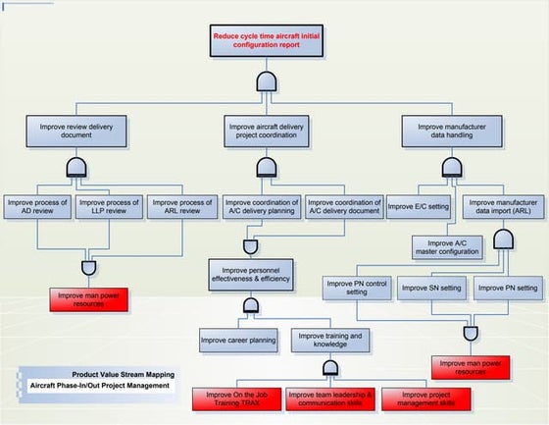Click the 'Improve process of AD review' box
(x=37, y=206)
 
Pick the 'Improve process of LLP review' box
(x=109, y=206)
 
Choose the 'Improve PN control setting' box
(x=358, y=288)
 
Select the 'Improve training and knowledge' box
(x=328, y=341)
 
